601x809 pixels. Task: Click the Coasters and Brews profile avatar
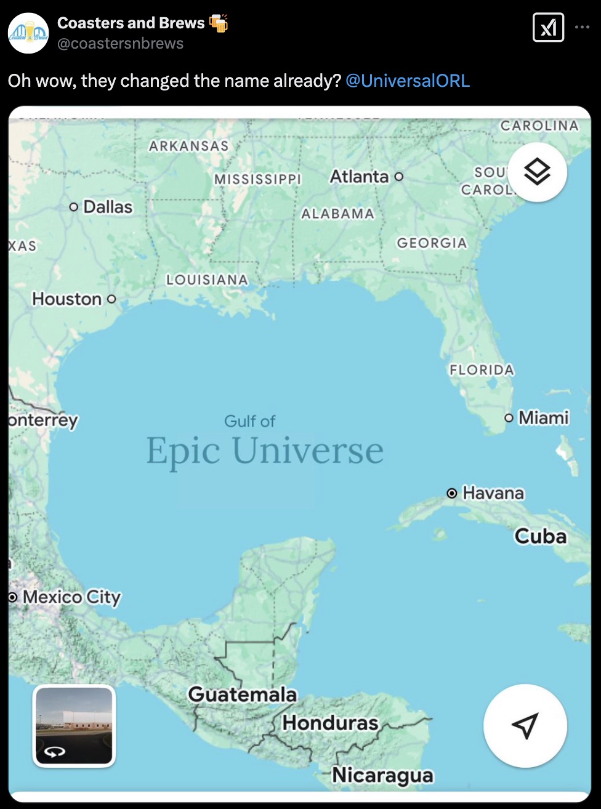[28, 33]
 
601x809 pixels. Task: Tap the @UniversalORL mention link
[408, 81]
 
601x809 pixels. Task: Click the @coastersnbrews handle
[120, 44]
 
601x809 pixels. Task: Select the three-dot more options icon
[582, 28]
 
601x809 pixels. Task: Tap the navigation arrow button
[525, 725]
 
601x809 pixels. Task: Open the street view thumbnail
[74, 725]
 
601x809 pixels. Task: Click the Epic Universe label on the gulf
[265, 451]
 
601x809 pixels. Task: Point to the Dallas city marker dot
[74, 207]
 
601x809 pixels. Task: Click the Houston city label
[67, 299]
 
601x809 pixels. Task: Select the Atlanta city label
[359, 177]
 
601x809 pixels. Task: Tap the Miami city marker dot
[509, 418]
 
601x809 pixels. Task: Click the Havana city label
[493, 493]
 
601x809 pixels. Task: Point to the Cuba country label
[541, 536]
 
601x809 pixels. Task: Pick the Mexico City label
[71, 597]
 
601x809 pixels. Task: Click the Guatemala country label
[242, 694]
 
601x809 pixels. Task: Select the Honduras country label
[330, 723]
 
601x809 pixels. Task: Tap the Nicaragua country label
[382, 776]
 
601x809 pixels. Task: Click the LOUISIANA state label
[207, 280]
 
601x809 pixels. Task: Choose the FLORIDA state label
[482, 370]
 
